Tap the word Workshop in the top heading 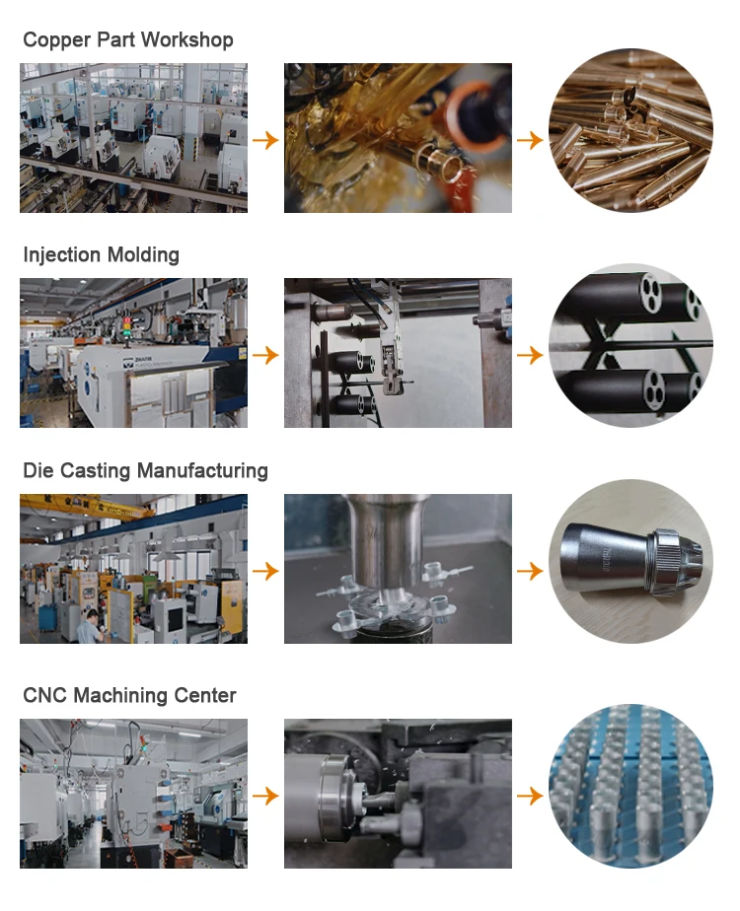(186, 40)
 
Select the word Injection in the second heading (60, 255)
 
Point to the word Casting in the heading (96, 470)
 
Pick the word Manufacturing (202, 470)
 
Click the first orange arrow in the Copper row (265, 140)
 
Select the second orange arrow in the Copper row (530, 140)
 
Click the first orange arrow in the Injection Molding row (265, 354)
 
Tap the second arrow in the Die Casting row (530, 570)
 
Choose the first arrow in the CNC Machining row (265, 795)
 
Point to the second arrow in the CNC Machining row (530, 795)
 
